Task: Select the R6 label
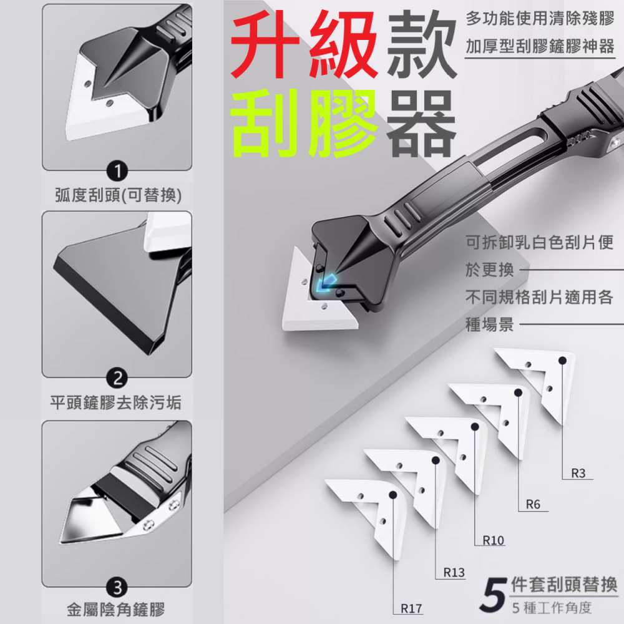point(532,505)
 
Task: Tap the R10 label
point(493,540)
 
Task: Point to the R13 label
point(454,572)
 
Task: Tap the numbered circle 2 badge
point(116,378)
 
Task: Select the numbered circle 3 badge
point(116,587)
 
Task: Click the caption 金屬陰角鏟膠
point(116,610)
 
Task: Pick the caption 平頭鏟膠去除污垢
point(116,402)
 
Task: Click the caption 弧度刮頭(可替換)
point(116,196)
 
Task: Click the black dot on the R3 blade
point(562,360)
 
